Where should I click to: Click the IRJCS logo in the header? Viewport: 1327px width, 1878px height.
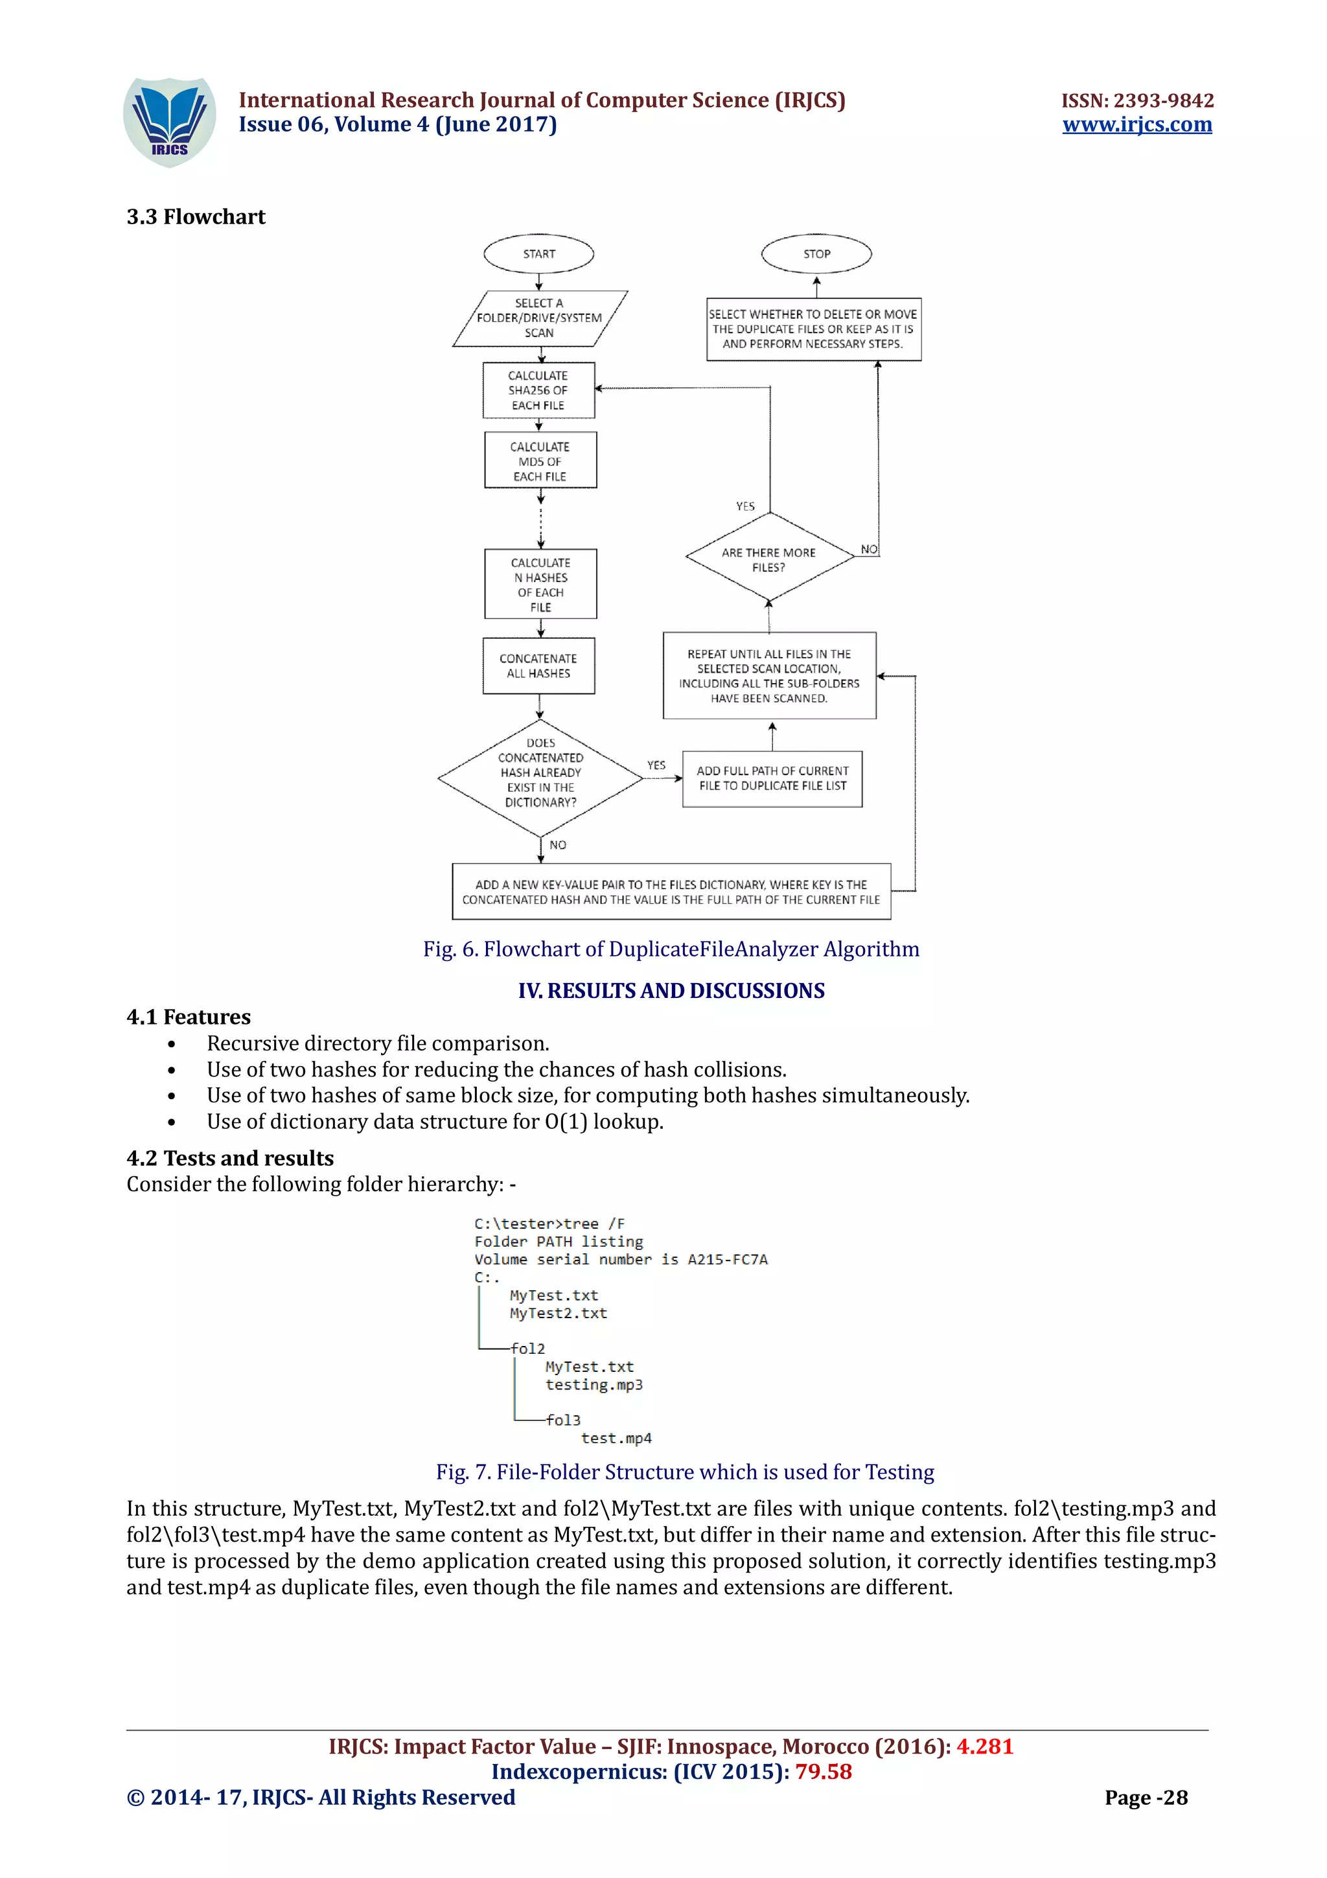point(169,122)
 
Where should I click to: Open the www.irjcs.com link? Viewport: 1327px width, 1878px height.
point(1137,124)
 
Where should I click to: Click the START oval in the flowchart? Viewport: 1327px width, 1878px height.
point(539,253)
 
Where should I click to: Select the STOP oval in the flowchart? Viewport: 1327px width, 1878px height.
point(816,253)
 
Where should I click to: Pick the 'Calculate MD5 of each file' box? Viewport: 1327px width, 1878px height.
point(540,461)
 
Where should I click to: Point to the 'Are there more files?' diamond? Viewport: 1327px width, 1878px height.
point(768,559)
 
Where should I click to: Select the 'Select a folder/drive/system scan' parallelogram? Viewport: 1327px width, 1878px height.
point(540,318)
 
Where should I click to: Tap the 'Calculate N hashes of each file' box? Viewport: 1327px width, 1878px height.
point(540,584)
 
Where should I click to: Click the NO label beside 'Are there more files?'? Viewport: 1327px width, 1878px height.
point(869,549)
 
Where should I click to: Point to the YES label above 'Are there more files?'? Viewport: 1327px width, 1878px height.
point(745,506)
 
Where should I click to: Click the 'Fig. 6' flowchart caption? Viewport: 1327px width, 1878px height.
point(671,949)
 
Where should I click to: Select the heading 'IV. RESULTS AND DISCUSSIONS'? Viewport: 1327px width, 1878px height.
point(671,991)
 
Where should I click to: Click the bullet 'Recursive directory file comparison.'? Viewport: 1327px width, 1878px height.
point(378,1044)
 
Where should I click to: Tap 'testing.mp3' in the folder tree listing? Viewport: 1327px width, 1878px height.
point(594,1385)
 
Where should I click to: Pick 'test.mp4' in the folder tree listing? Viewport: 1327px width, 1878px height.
point(616,1438)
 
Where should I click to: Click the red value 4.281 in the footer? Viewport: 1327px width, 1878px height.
point(984,1746)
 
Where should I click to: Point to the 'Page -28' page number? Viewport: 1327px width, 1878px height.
point(1146,1797)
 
